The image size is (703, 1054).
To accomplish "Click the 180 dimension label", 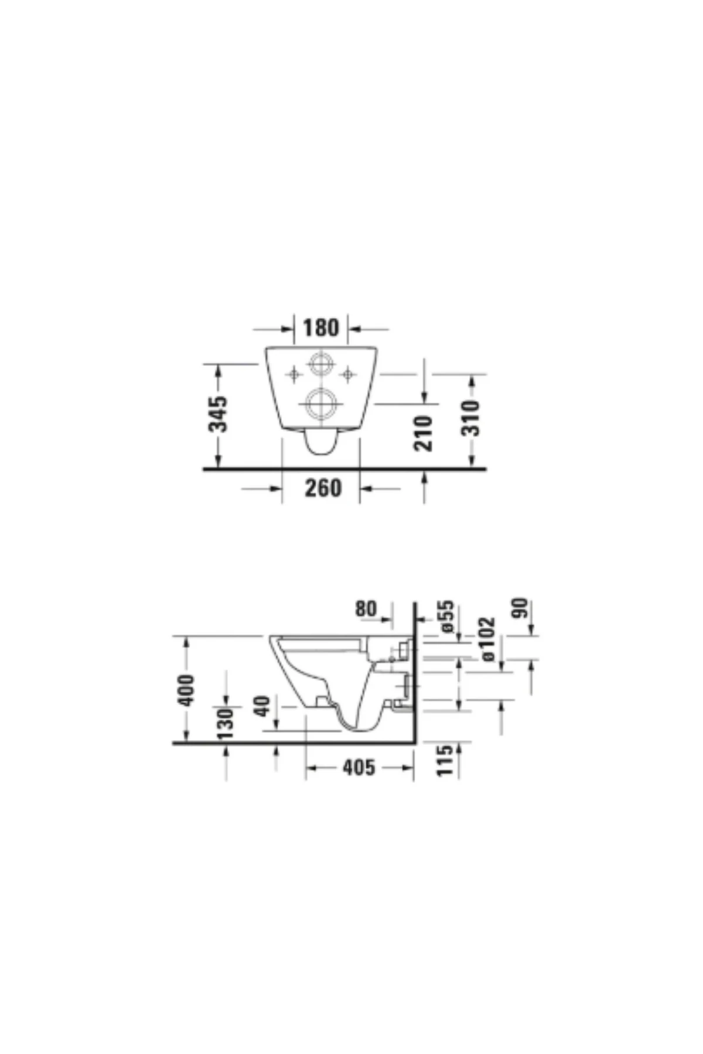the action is (321, 328).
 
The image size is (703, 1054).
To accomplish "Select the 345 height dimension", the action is (219, 414).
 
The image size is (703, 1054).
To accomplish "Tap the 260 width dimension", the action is (323, 488).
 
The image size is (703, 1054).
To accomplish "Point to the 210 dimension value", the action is (424, 433).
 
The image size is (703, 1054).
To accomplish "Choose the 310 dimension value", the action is (470, 418).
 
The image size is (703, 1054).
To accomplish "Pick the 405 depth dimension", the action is (359, 767).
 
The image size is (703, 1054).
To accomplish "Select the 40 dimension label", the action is (263, 706).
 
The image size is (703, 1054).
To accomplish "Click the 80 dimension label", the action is (366, 609).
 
